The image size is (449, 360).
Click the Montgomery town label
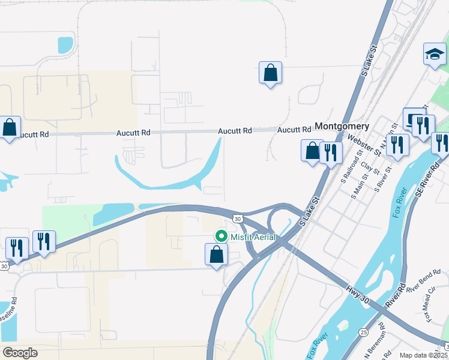tap(342, 127)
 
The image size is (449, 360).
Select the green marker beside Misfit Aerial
tap(221, 237)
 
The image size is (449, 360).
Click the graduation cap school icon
tap(434, 55)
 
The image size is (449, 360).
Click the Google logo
tap(20, 352)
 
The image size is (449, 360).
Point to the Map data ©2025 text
tap(423, 355)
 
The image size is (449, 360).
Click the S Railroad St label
tap(349, 170)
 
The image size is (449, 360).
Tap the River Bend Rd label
tap(423, 289)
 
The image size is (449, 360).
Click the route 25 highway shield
tap(363, 332)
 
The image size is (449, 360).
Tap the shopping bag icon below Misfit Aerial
tap(217, 254)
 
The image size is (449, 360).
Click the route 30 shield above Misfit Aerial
tap(238, 218)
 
